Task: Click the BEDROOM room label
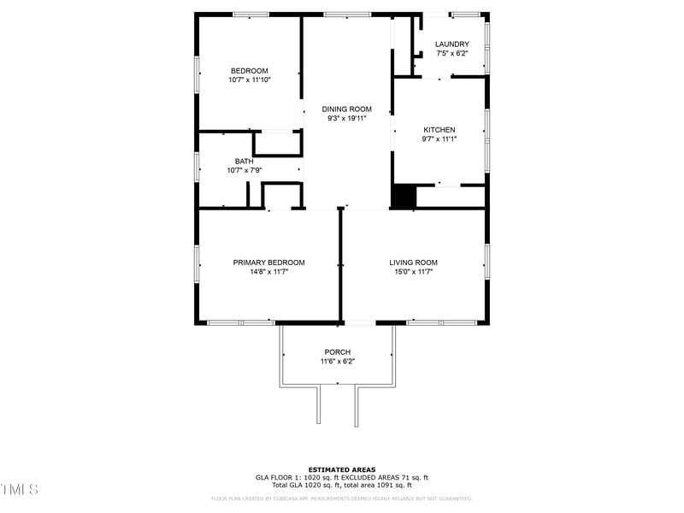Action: tap(249, 71)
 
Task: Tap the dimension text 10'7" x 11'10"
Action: tap(249, 80)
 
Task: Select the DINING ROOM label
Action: tap(346, 109)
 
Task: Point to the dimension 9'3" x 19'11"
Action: tap(346, 119)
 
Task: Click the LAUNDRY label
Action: tap(451, 44)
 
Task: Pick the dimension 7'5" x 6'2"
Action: tap(451, 54)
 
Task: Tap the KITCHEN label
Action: tap(439, 130)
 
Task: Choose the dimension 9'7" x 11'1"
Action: tap(439, 139)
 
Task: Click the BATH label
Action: tap(245, 162)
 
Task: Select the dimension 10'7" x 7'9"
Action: tap(245, 171)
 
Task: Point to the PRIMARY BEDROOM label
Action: tap(268, 262)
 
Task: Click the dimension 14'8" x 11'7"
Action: tap(268, 272)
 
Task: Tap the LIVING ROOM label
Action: tap(413, 262)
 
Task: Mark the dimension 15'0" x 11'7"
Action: tap(413, 272)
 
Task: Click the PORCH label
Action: tap(337, 352)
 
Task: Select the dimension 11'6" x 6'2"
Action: tap(337, 362)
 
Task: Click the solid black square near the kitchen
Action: tap(402, 196)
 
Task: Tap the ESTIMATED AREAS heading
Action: tap(341, 469)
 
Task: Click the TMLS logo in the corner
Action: tap(20, 490)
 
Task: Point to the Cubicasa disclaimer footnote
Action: tap(341, 498)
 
